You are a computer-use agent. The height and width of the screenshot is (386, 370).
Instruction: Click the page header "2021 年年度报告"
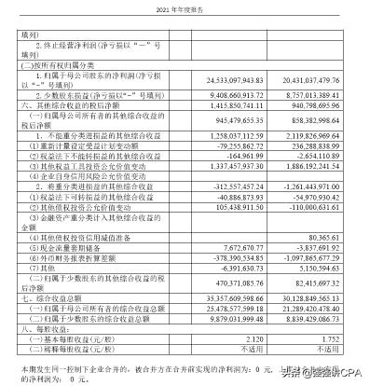tap(185, 7)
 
